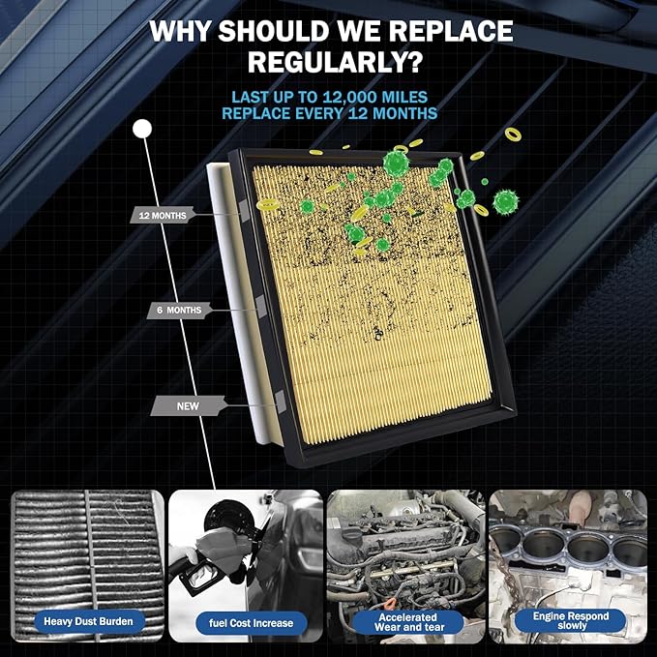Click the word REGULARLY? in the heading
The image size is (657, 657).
[x=335, y=61]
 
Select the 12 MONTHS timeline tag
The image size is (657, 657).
[x=163, y=216]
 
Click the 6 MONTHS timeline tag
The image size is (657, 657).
[x=179, y=310]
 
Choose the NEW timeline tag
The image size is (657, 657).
[x=188, y=406]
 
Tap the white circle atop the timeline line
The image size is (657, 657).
[x=142, y=129]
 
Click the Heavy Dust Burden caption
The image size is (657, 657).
[x=88, y=621]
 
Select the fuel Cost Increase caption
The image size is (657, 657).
[x=251, y=623]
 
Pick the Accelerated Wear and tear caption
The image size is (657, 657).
[x=408, y=622]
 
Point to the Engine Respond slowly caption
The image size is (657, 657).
[x=570, y=620]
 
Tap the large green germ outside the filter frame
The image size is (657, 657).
[x=506, y=202]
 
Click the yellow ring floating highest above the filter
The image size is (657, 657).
[x=513, y=134]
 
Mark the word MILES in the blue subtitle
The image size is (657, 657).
[x=404, y=97]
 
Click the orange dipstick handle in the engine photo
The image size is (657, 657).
[x=390, y=604]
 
